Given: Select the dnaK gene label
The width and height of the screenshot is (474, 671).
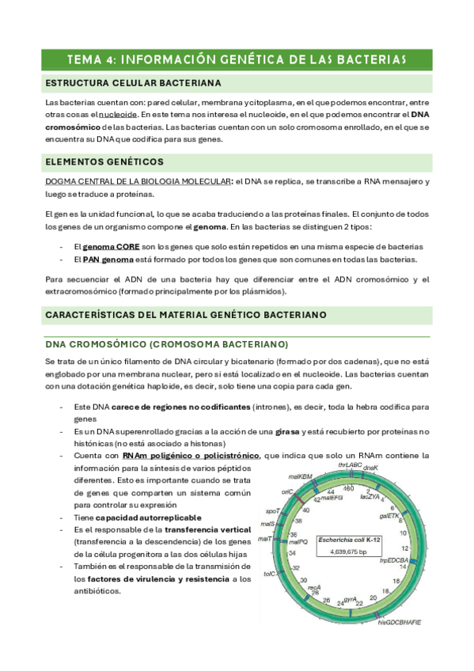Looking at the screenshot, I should point(371,468).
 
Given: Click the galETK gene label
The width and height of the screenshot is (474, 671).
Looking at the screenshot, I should point(389,515).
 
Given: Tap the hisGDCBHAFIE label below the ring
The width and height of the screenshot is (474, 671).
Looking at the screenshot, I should point(400,623).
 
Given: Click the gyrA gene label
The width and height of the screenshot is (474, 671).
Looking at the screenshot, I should point(349,599).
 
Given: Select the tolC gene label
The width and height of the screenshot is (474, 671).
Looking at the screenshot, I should point(269,574).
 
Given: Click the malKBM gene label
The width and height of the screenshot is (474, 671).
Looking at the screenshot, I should point(299,477).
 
